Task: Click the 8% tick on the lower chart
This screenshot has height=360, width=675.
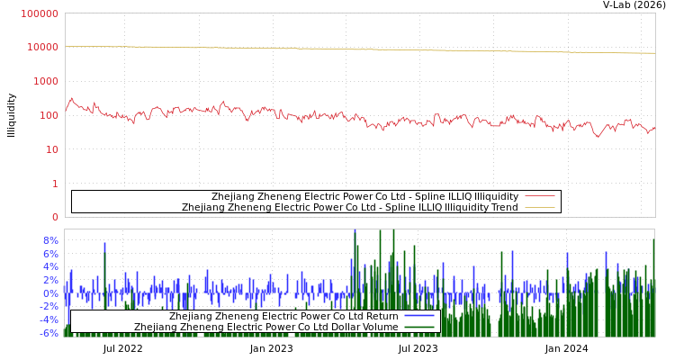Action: tap(49, 240)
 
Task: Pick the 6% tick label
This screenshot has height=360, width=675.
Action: tap(49, 254)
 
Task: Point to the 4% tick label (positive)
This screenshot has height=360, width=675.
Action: tap(49, 267)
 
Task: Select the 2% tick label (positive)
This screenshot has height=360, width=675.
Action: tap(49, 280)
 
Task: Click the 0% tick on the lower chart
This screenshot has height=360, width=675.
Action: tap(49, 293)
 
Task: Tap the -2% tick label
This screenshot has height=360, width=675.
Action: tap(48, 306)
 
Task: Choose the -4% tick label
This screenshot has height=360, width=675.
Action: tap(48, 319)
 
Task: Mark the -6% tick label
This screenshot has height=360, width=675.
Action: tap(48, 333)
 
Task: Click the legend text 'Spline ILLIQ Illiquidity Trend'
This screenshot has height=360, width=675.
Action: tap(350, 207)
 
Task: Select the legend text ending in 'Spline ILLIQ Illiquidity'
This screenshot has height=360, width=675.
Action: tap(364, 196)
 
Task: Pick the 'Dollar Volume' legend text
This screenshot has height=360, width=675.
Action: tap(265, 327)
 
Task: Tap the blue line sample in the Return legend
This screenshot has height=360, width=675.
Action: tap(419, 316)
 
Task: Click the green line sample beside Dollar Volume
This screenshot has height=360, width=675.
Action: tap(419, 327)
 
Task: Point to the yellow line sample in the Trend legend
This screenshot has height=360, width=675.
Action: tap(539, 207)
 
